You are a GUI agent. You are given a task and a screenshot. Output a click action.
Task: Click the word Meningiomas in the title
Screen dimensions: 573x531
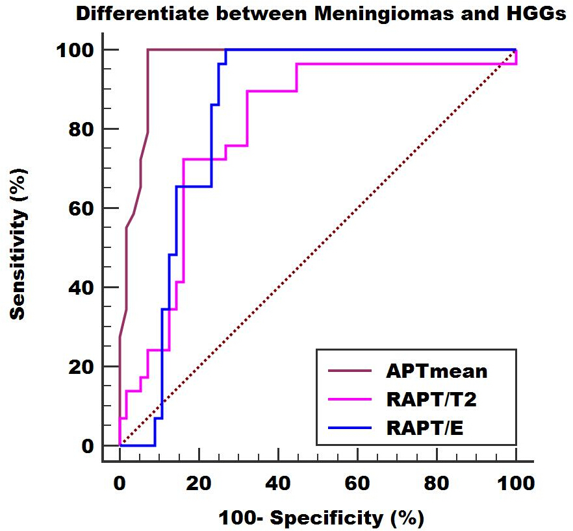point(383,14)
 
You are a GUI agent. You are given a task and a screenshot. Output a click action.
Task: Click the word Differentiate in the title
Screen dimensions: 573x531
point(142,14)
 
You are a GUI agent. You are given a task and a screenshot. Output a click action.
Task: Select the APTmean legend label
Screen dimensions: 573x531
point(437,371)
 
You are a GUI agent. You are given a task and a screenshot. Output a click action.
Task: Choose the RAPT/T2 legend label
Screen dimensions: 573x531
point(431,399)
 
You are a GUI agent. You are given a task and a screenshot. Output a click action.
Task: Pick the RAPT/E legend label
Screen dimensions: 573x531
point(425,428)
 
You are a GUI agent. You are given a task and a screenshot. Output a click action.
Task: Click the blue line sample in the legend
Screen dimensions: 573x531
point(350,428)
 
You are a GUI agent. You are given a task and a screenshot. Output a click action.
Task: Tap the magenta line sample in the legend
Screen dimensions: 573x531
point(350,399)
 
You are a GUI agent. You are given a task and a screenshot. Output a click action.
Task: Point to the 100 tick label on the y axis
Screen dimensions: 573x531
point(75,50)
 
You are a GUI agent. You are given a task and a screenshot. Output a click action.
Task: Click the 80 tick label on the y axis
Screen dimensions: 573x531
point(81,129)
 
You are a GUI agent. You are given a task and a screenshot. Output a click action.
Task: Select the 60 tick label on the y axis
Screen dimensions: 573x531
point(81,208)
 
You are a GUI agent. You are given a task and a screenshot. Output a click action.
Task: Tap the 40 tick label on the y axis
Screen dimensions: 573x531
point(81,288)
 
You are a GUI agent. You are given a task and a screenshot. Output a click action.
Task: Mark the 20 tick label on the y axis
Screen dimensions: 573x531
point(81,367)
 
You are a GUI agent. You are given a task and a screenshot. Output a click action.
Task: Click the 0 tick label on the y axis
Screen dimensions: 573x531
point(88,446)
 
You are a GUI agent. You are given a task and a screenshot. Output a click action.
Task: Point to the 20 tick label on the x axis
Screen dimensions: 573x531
point(199,484)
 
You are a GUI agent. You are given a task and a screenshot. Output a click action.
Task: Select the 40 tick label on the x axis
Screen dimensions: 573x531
point(278,484)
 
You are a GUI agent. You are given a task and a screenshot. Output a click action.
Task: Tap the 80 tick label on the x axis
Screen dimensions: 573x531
point(437,484)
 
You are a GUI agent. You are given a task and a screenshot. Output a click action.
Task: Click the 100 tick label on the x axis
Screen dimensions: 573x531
point(516,484)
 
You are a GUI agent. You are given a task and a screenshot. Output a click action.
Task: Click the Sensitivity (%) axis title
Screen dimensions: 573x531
point(18,244)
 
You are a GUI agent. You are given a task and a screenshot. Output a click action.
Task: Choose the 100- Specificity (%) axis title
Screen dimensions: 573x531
point(321,518)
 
